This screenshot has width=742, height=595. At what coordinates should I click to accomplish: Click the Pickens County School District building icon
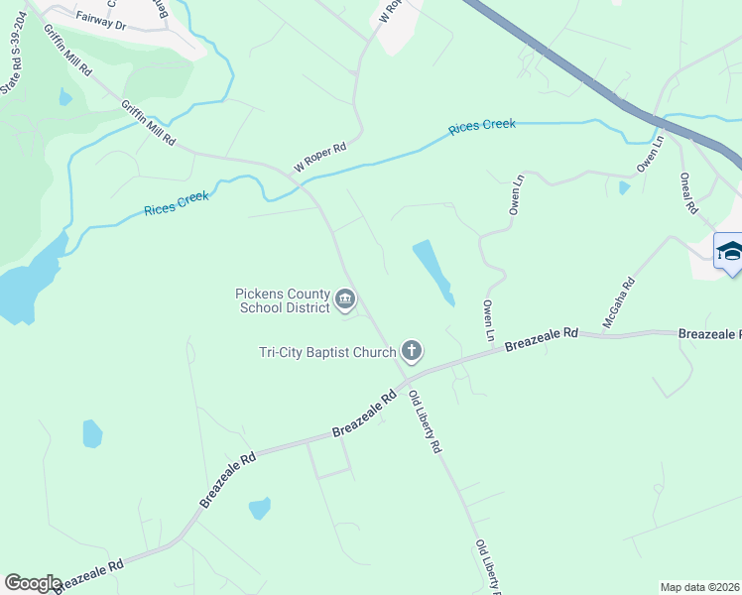(345, 297)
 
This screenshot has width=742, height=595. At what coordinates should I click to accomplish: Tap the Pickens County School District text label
(282, 300)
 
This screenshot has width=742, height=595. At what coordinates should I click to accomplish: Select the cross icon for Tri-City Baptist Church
(412, 350)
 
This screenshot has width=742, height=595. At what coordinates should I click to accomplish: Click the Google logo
(33, 582)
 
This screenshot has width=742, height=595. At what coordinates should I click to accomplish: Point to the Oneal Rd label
(689, 194)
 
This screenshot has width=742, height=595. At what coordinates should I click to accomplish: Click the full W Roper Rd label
(318, 157)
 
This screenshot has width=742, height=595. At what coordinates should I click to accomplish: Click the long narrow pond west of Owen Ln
(433, 269)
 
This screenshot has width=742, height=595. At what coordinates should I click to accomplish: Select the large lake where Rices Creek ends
(22, 290)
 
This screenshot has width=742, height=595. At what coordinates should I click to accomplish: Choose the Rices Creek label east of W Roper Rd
(482, 127)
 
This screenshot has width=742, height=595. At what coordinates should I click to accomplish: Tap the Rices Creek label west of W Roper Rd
(177, 202)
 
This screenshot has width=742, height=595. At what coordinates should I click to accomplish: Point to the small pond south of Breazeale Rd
(259, 508)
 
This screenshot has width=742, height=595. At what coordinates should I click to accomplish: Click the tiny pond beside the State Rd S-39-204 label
(65, 97)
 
